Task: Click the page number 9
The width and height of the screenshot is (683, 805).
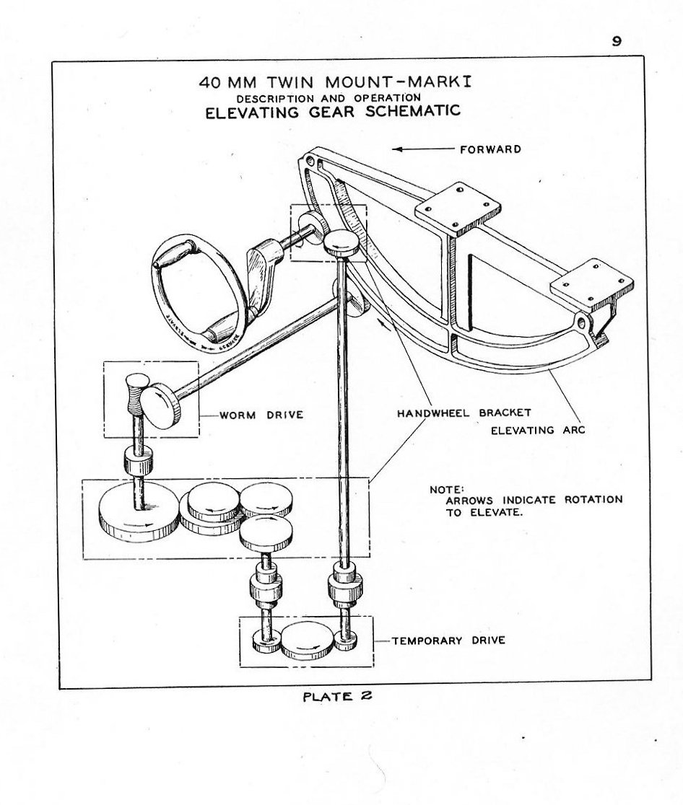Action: (617, 41)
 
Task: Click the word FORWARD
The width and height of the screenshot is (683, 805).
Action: (490, 149)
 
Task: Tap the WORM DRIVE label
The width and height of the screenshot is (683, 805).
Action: (251, 415)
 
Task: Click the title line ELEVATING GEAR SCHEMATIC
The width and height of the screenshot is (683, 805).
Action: (333, 112)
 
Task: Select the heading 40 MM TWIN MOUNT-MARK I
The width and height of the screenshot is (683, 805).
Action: (335, 82)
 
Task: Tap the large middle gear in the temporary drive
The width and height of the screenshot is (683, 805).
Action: (308, 641)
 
